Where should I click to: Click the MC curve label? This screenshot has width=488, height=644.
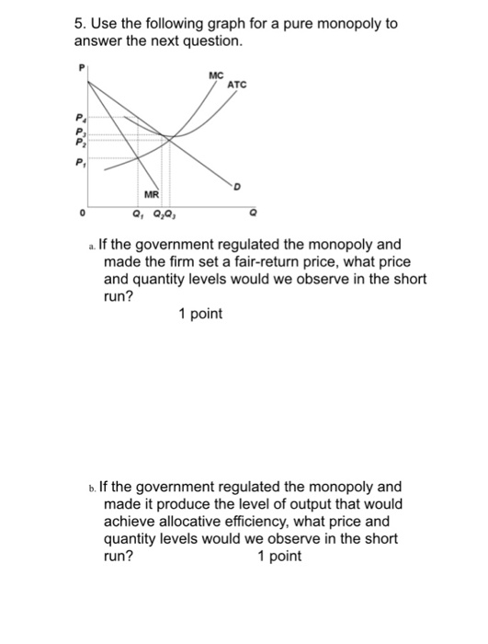pos(215,75)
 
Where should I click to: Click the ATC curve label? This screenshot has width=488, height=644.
pos(237,84)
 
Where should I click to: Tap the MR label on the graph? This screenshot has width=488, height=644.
pos(151,194)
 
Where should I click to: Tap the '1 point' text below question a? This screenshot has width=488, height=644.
pos(200,315)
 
